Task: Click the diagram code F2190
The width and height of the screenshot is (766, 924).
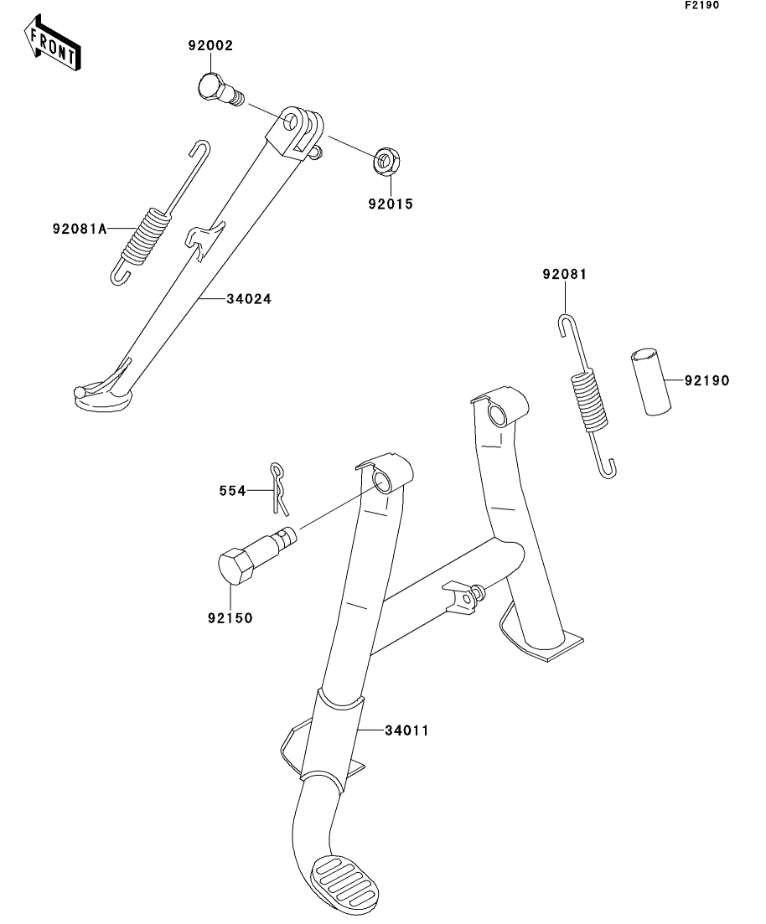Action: pos(701,5)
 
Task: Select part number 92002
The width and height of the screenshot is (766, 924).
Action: pos(210,46)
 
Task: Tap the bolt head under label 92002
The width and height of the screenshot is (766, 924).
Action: pos(213,86)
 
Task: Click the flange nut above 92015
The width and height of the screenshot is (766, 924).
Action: pos(386,160)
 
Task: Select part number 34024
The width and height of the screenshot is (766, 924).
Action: pos(248,298)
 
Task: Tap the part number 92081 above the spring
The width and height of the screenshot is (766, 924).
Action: pos(563,274)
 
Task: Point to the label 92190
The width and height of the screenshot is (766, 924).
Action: pos(706,380)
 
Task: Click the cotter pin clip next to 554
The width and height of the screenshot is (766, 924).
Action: pos(280,487)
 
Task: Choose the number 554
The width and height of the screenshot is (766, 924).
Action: pos(234,492)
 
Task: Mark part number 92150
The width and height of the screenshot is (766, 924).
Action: pos(230,618)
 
